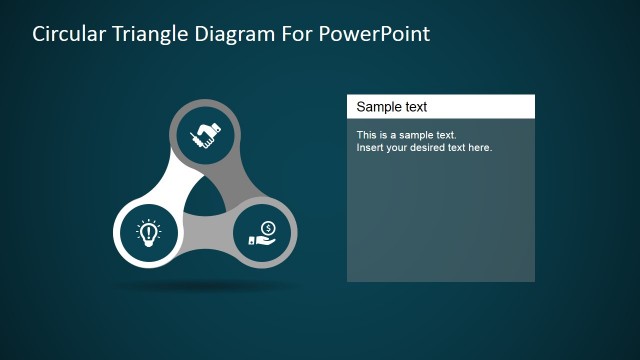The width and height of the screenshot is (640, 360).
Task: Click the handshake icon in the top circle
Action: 206,133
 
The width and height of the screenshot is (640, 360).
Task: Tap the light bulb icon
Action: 148,234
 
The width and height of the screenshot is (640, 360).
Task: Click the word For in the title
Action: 307,34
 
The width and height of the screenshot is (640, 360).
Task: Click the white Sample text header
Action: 440,106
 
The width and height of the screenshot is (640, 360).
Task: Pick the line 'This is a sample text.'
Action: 406,134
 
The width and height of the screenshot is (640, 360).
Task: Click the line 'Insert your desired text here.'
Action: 424,147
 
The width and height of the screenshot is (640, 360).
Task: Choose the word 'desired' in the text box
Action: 430,147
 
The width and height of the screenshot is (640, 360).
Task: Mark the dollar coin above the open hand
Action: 268,227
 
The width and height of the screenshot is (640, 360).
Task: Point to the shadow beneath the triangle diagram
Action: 206,286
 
